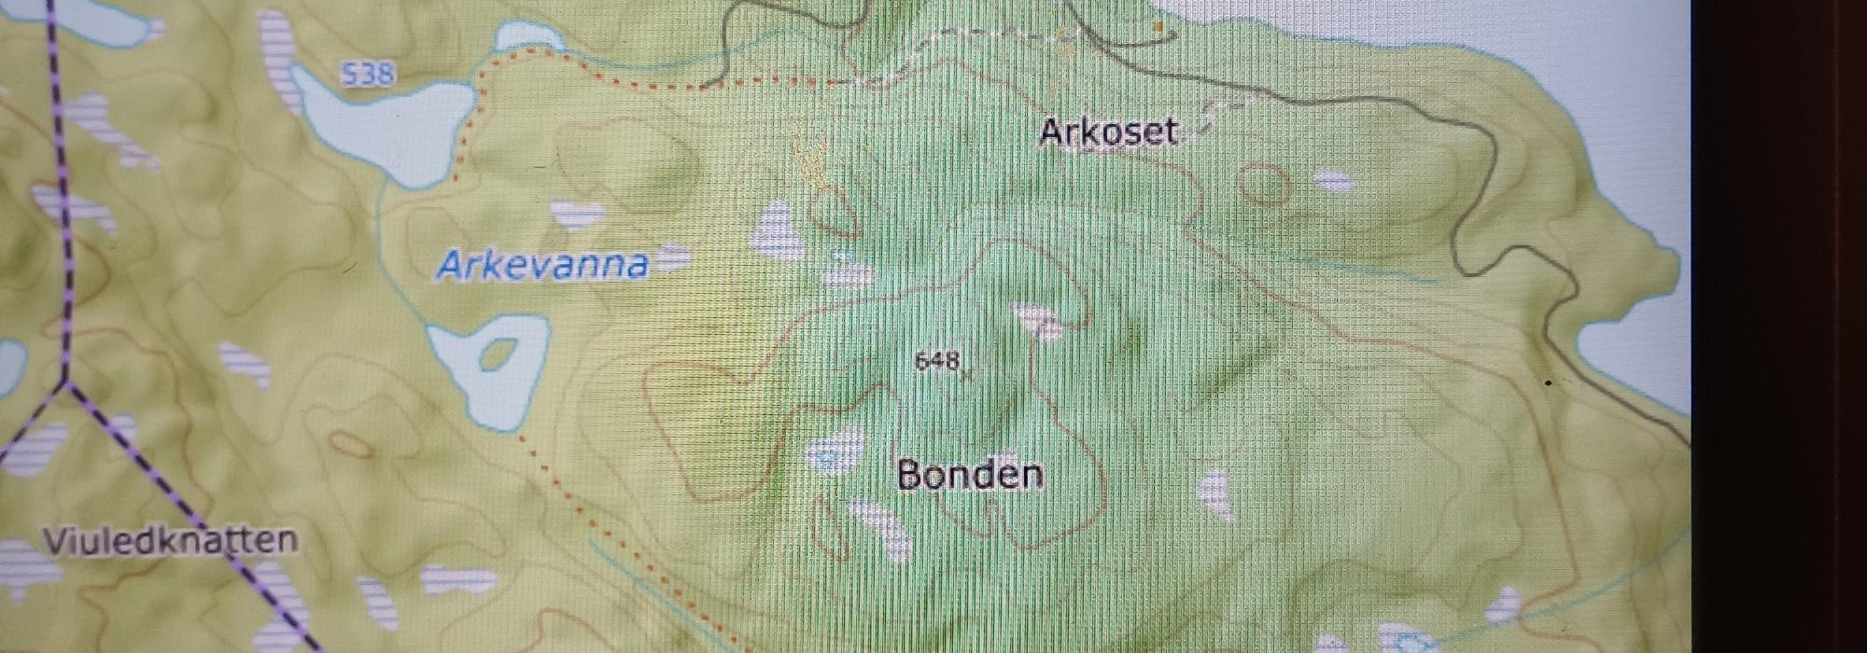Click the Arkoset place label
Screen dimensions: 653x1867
click(x=1108, y=132)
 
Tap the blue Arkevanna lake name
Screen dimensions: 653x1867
click(x=542, y=266)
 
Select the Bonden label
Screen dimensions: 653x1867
click(x=970, y=475)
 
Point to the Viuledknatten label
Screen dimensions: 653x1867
click(x=171, y=541)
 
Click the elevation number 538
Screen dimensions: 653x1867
click(x=368, y=74)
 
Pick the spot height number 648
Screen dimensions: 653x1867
click(x=937, y=361)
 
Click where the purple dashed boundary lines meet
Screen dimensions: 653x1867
click(x=65, y=382)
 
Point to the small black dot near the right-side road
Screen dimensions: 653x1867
click(x=1550, y=382)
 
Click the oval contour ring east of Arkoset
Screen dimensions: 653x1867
click(x=1265, y=183)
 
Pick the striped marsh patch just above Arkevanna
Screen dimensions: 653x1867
click(x=578, y=215)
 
